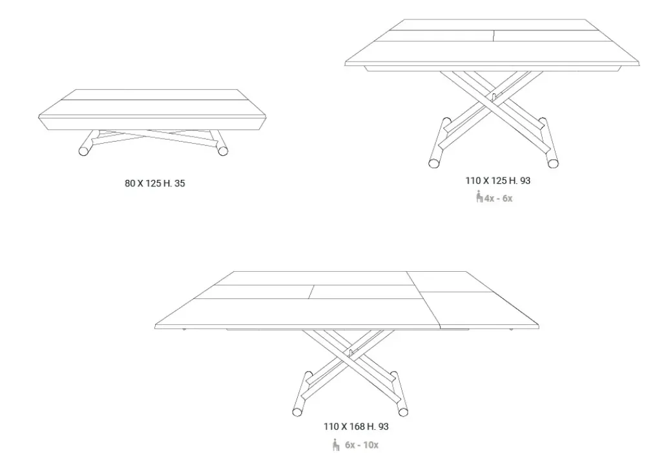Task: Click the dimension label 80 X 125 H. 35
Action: coord(155,184)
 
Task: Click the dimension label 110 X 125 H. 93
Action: coord(497,181)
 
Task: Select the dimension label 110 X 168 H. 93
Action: coord(356,426)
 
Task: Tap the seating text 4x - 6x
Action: coord(499,198)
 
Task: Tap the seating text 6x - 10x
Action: coord(361,445)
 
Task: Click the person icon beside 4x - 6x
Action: coord(479,197)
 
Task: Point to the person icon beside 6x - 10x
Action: coord(336,445)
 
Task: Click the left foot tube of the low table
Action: coord(85,151)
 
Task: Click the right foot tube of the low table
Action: coord(223,151)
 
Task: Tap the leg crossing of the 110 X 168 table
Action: coord(349,355)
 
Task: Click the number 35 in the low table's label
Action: coord(180,184)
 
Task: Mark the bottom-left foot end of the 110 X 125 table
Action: coord(434,162)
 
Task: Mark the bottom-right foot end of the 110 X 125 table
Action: coord(553,162)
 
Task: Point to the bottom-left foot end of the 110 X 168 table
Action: coord(297,410)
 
